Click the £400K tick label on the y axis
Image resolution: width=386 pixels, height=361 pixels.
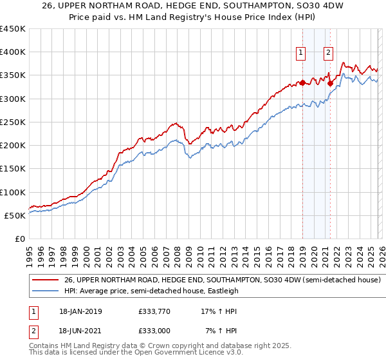[13, 52]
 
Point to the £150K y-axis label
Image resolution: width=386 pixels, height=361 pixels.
[13, 169]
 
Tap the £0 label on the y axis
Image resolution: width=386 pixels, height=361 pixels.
[19, 239]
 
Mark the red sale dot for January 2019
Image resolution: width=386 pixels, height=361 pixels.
[302, 83]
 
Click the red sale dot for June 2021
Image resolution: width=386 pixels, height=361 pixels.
[329, 83]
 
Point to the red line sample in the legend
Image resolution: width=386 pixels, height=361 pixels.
[45, 280]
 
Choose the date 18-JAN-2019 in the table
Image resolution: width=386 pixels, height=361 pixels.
[79, 311]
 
